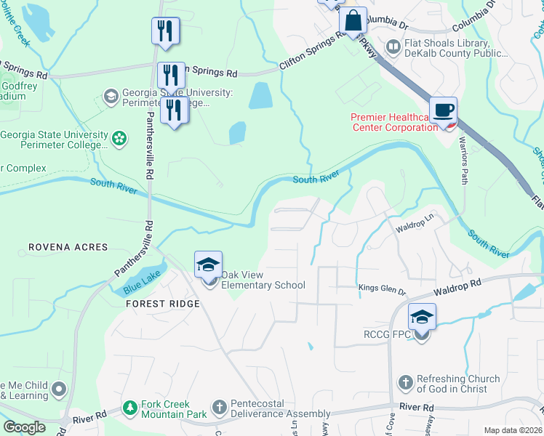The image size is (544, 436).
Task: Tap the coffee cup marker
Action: (443, 111)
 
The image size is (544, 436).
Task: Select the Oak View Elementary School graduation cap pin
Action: (208, 266)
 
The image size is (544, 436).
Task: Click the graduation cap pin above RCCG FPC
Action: (421, 318)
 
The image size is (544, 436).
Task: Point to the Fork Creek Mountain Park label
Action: (156, 409)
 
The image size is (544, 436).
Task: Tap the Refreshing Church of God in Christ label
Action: (457, 384)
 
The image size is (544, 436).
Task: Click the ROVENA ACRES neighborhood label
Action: (68, 248)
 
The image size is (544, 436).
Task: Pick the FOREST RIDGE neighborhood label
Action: (162, 303)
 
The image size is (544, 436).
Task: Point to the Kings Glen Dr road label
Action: (382, 289)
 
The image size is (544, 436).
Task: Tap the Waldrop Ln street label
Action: (415, 228)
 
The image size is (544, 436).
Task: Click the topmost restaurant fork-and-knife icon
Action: (166, 31)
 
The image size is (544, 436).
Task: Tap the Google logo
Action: (24, 427)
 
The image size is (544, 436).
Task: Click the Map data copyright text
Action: (513, 430)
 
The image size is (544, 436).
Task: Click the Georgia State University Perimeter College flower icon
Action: (120, 137)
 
